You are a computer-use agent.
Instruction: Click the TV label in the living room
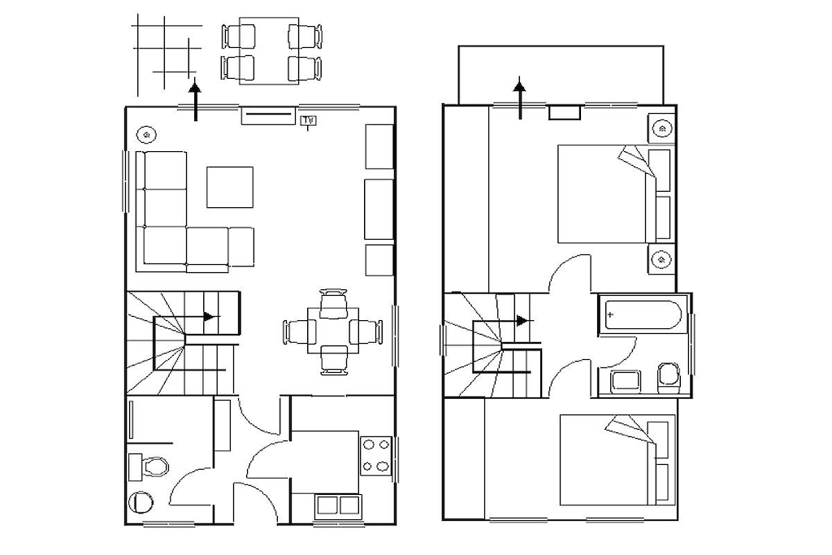308,121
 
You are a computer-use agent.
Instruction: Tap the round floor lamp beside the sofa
146,135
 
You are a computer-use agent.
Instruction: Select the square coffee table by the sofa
230,187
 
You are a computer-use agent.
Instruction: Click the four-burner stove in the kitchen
375,455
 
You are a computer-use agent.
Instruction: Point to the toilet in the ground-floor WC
149,467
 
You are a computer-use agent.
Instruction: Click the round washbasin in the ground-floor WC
141,502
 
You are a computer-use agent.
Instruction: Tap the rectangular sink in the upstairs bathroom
626,381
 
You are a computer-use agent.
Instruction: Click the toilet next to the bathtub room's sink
669,378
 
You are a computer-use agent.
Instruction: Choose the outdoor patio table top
268,51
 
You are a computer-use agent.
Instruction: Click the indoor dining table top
333,332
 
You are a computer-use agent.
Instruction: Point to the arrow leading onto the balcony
519,98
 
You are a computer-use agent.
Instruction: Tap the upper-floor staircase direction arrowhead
525,321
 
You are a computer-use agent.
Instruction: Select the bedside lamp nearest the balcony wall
661,128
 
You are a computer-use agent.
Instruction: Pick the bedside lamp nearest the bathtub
661,259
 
